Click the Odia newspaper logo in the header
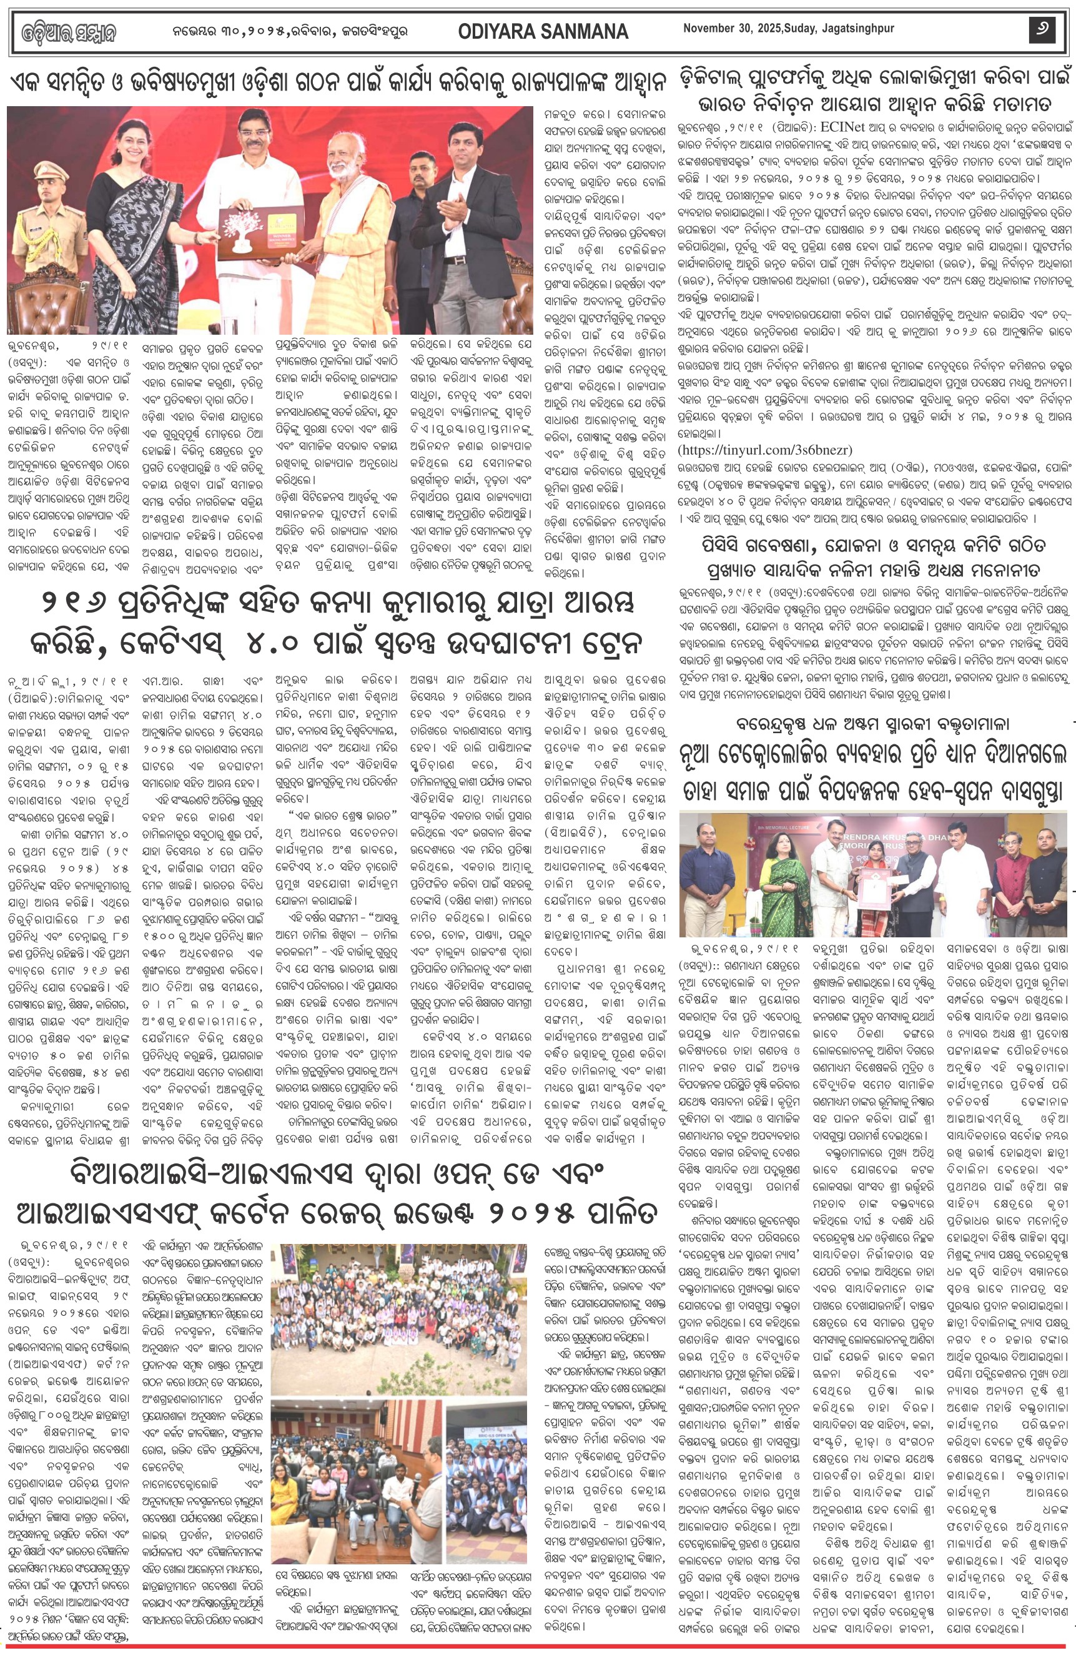click(68, 32)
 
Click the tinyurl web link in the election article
click(765, 450)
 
